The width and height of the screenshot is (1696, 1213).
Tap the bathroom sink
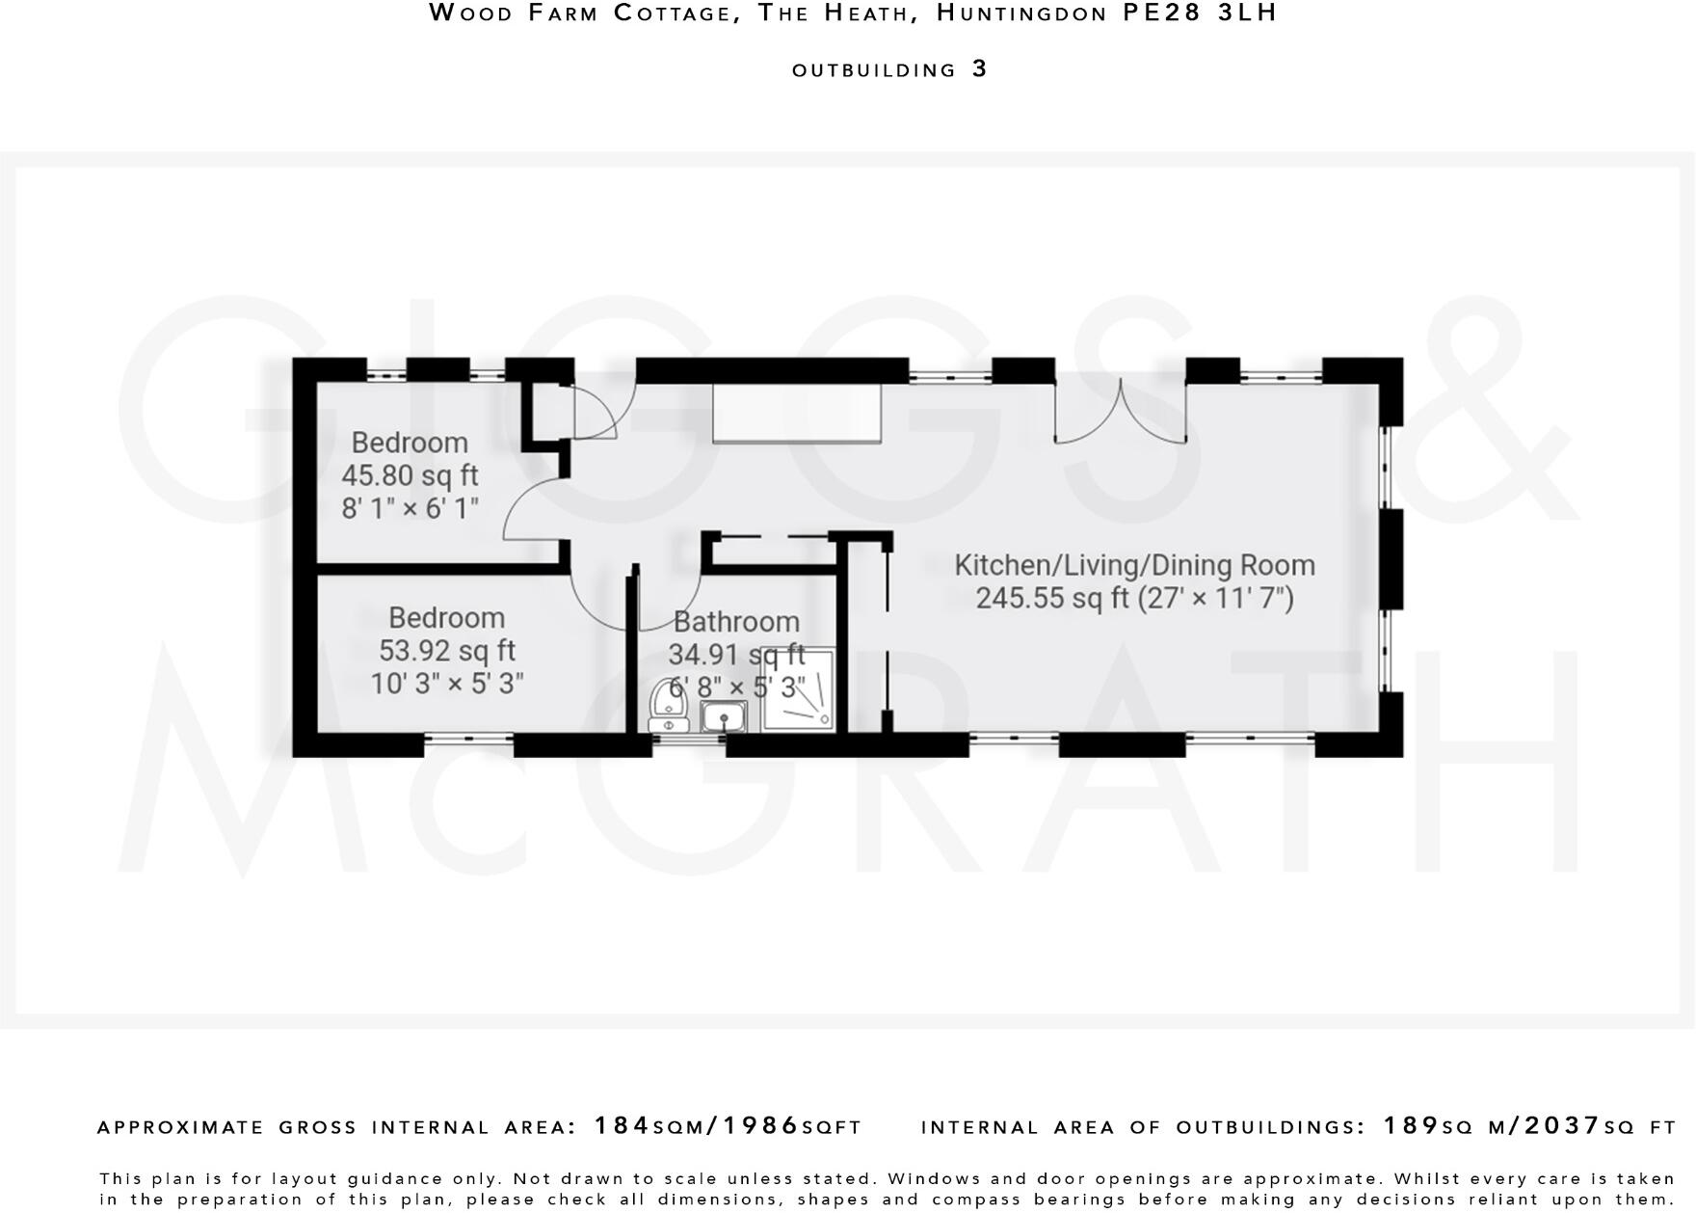tap(723, 716)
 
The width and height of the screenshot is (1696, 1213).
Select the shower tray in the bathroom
tap(798, 690)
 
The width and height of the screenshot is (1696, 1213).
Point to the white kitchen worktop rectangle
tap(797, 413)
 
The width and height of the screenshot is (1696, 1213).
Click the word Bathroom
tap(736, 622)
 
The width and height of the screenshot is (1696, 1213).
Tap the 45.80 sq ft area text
tap(410, 475)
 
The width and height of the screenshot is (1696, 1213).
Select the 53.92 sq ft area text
tap(447, 651)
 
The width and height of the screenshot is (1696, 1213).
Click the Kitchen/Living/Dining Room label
tap(1134, 565)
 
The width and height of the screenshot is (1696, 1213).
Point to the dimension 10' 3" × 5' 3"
tap(447, 684)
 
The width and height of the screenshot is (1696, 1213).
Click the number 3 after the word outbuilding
tap(980, 69)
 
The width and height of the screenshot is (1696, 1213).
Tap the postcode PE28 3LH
tap(1201, 13)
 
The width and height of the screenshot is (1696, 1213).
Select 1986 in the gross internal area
tap(761, 1126)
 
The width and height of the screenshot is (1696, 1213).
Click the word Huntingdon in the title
tap(1021, 13)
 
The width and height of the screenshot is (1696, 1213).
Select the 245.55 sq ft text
tap(1051, 599)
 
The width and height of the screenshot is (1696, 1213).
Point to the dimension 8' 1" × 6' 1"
tap(410, 508)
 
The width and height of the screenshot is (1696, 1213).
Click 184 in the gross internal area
tap(623, 1126)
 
